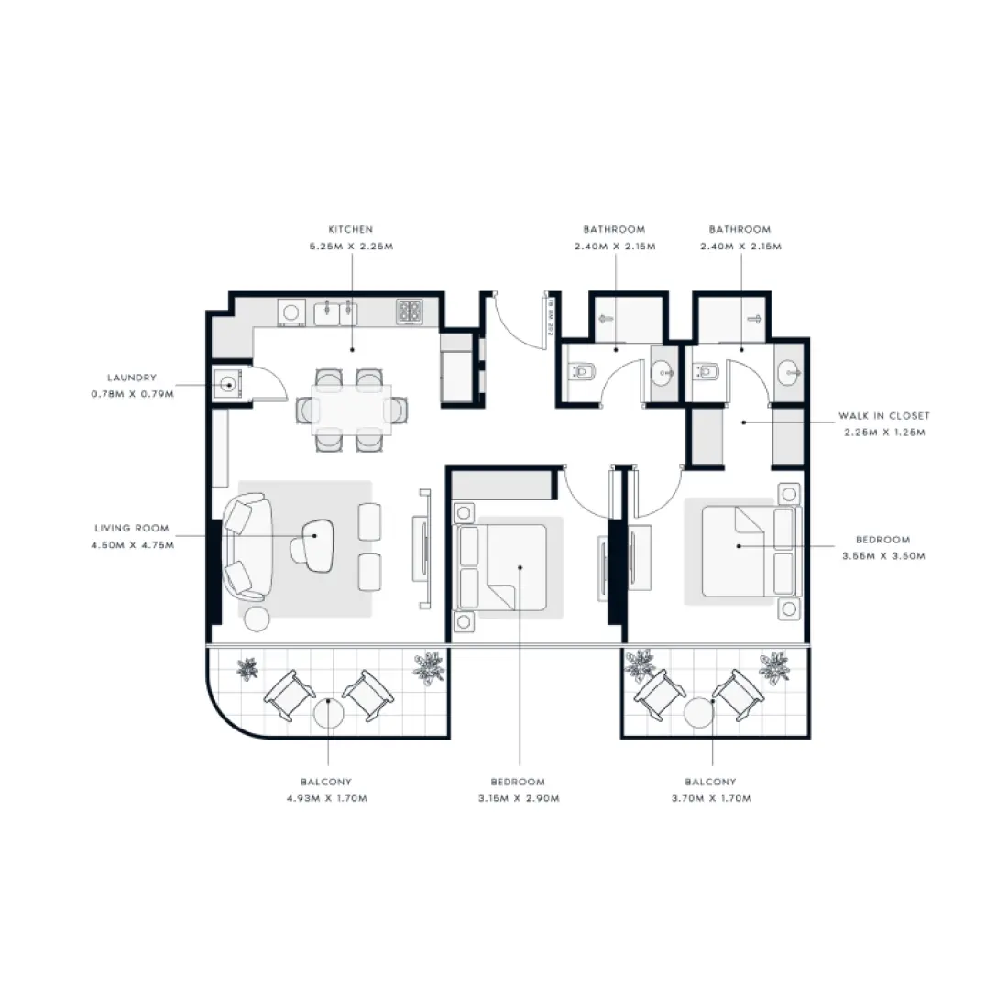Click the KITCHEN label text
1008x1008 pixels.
point(350,237)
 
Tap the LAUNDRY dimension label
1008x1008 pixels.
point(131,386)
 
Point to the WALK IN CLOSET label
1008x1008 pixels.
point(883,424)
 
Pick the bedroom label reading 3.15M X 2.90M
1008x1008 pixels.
point(518,790)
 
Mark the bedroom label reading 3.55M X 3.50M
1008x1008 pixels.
point(882,548)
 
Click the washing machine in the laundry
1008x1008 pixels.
point(228,385)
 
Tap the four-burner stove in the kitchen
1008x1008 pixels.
point(410,312)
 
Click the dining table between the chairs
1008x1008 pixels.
point(352,409)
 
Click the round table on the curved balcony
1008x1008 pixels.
point(327,712)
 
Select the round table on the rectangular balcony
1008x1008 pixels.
point(701,711)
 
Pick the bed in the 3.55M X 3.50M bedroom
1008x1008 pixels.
point(738,551)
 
